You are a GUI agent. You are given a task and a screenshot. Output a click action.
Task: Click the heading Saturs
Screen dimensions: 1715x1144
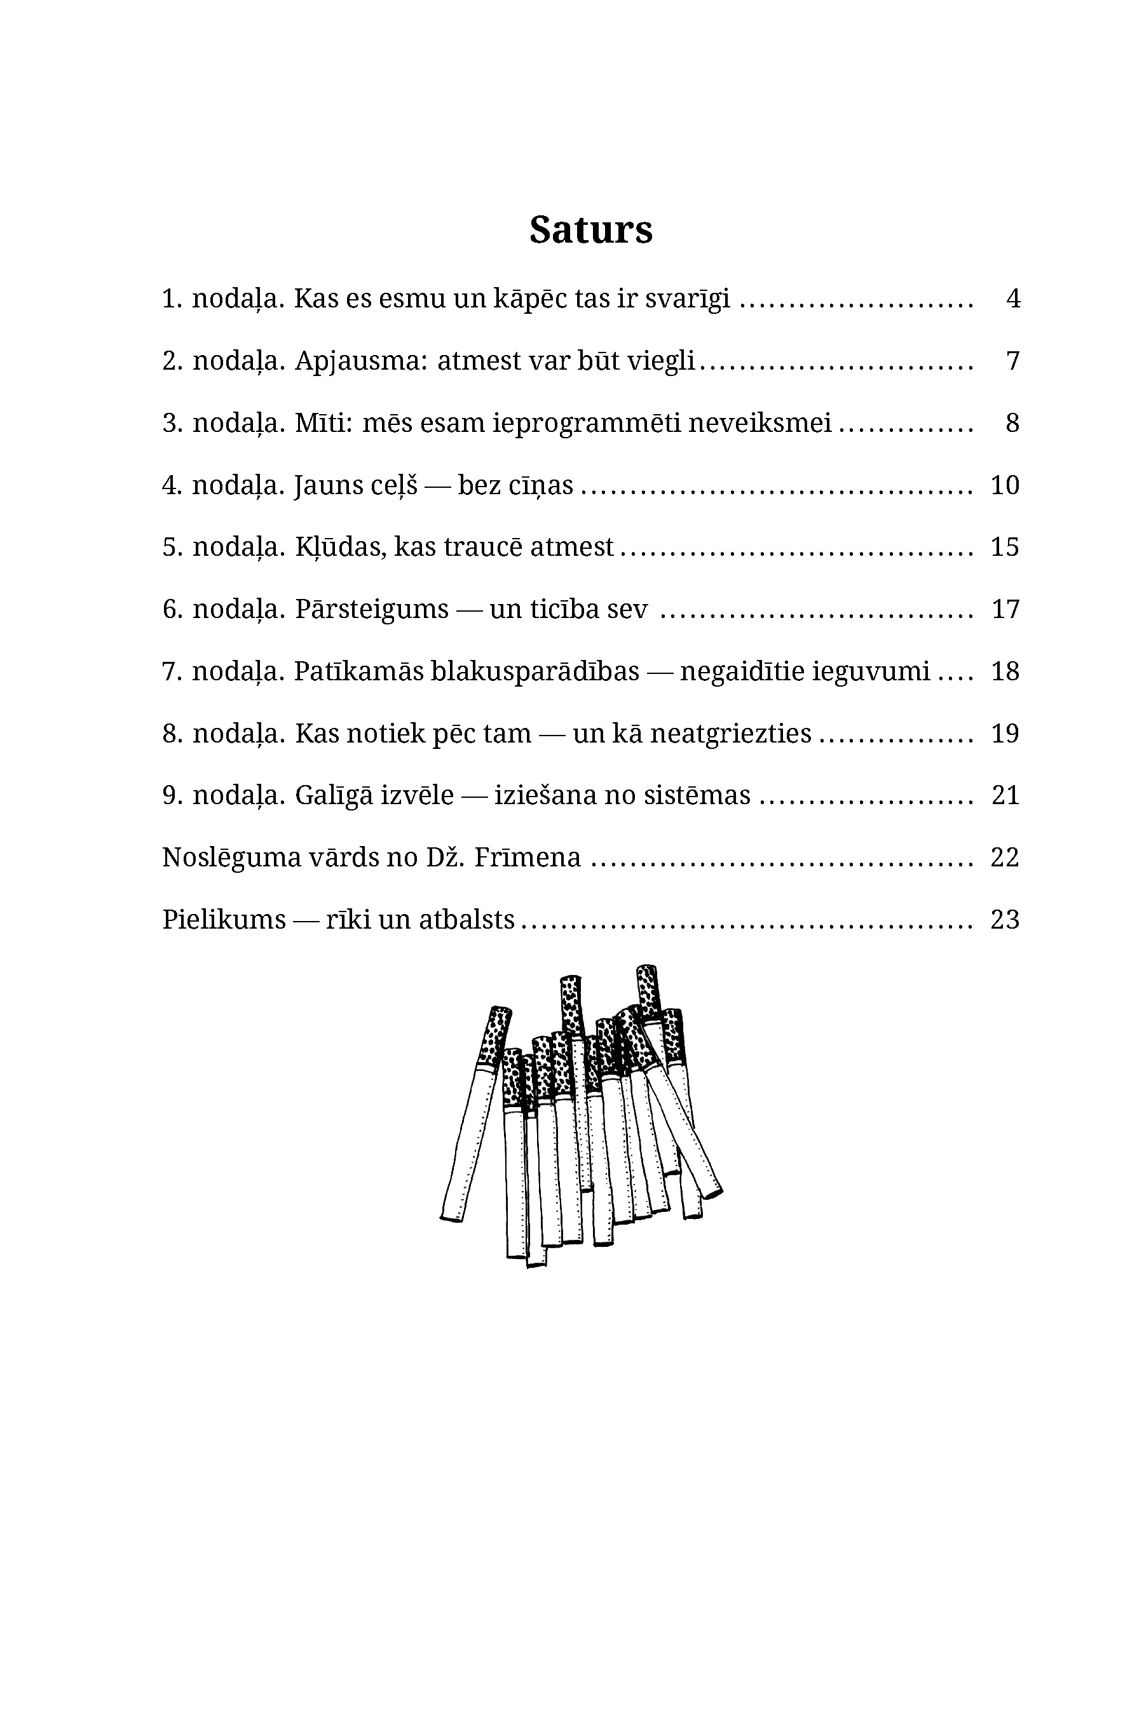point(590,230)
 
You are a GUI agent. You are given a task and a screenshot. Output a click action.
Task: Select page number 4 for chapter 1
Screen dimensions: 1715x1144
point(1012,299)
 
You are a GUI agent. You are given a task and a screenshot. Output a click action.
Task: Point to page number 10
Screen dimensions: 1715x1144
point(1005,485)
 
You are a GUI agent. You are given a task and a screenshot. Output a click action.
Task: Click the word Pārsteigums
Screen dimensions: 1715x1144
point(371,609)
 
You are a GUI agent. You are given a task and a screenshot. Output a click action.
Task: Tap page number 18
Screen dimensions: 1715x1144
point(1005,671)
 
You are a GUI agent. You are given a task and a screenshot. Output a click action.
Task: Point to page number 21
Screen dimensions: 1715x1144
point(1005,795)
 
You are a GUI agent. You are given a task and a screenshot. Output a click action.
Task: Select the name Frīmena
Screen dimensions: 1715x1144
point(527,857)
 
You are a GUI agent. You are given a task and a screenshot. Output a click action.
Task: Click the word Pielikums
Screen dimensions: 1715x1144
point(223,920)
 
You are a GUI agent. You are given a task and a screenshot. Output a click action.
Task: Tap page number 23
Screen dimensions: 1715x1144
point(1005,920)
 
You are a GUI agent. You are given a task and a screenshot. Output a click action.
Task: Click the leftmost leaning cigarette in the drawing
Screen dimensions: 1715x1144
point(474,1115)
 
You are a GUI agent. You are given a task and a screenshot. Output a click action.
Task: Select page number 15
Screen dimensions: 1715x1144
point(1005,547)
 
